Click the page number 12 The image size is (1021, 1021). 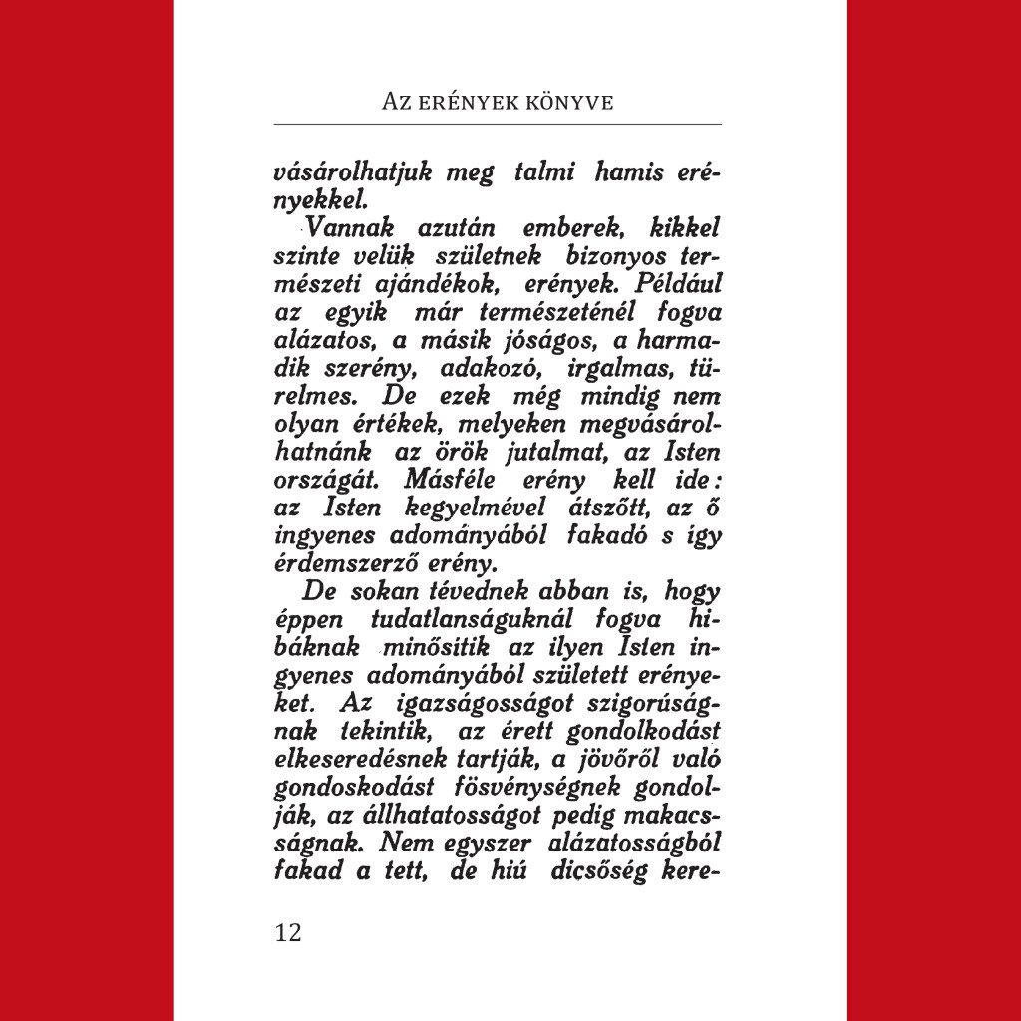tap(287, 932)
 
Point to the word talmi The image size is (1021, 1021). tap(545, 172)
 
